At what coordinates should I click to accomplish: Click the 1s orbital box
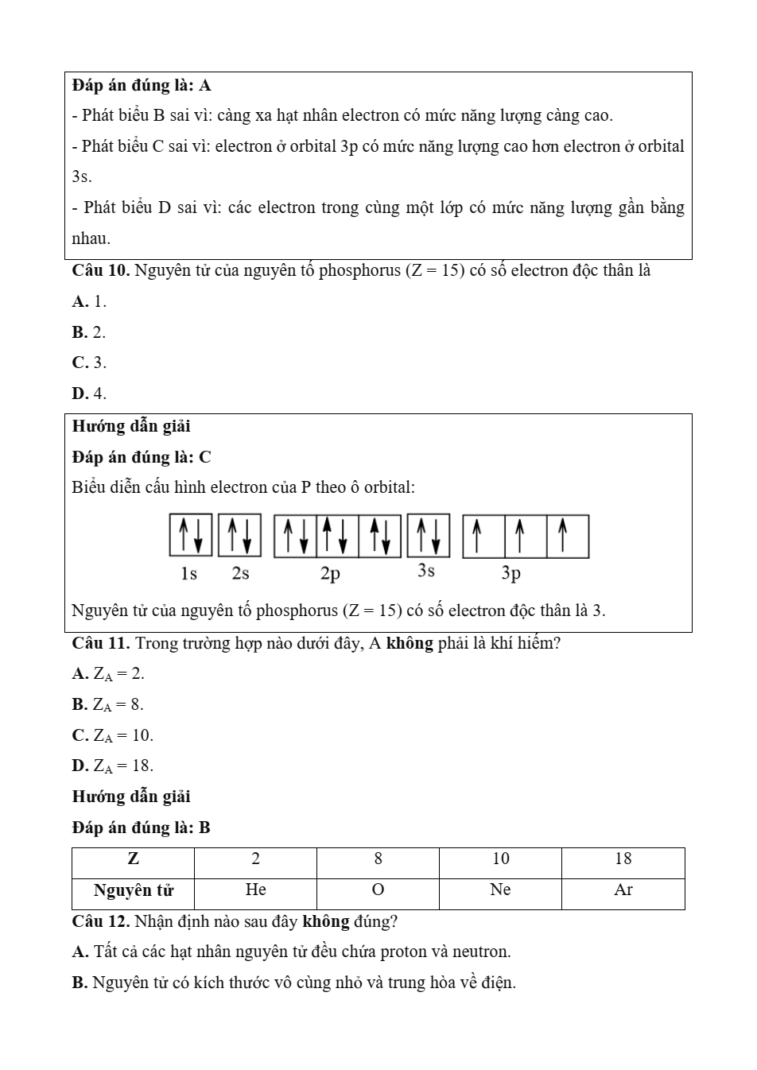click(x=191, y=536)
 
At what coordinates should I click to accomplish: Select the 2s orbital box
click(x=239, y=536)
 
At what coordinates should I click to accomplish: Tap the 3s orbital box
click(x=429, y=536)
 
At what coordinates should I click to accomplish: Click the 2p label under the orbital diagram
click(x=330, y=573)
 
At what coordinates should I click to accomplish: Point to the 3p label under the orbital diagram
click(x=510, y=573)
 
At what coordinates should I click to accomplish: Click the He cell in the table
click(x=255, y=890)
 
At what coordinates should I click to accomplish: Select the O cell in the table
click(x=378, y=890)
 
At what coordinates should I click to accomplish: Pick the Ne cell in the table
click(x=500, y=890)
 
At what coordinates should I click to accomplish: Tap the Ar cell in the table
click(x=623, y=890)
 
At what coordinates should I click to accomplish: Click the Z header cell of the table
click(x=134, y=859)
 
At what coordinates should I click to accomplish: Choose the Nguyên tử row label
click(x=134, y=890)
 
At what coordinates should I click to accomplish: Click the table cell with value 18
click(x=623, y=859)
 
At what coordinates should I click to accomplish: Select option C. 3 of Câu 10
click(x=89, y=363)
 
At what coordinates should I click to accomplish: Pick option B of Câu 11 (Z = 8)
click(x=108, y=705)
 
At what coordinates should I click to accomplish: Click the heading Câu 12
click(x=101, y=922)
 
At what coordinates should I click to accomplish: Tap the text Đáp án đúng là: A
click(x=142, y=86)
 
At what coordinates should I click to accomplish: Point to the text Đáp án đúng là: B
click(x=142, y=828)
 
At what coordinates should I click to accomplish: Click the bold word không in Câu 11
click(x=410, y=643)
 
